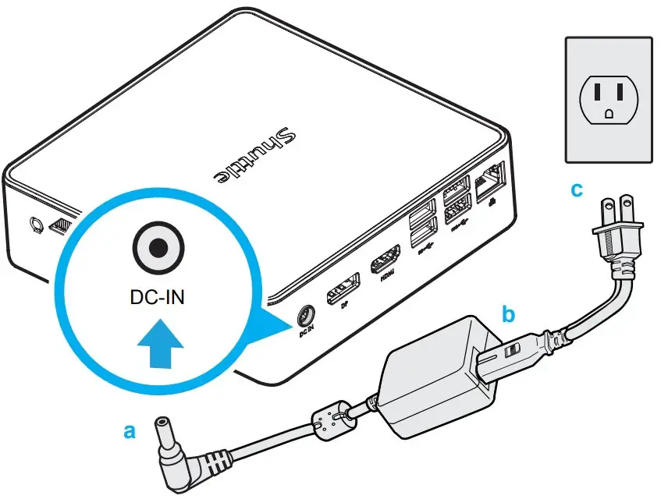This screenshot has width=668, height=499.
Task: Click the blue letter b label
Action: pyautogui.click(x=508, y=315)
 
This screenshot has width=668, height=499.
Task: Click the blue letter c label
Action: pyautogui.click(x=577, y=189)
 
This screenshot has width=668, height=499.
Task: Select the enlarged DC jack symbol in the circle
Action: pyautogui.click(x=158, y=248)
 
